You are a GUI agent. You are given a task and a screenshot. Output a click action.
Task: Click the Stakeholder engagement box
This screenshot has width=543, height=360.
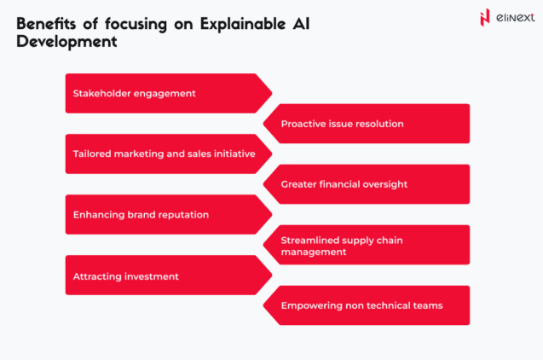(162, 93)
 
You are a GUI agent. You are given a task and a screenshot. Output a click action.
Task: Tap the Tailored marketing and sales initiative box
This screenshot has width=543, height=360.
(162, 154)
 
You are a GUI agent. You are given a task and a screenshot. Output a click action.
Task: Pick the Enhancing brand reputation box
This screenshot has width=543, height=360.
(162, 214)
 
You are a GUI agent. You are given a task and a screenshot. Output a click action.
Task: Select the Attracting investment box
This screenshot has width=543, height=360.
(162, 276)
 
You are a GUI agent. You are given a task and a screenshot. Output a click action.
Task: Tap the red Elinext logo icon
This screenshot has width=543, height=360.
(485, 17)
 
